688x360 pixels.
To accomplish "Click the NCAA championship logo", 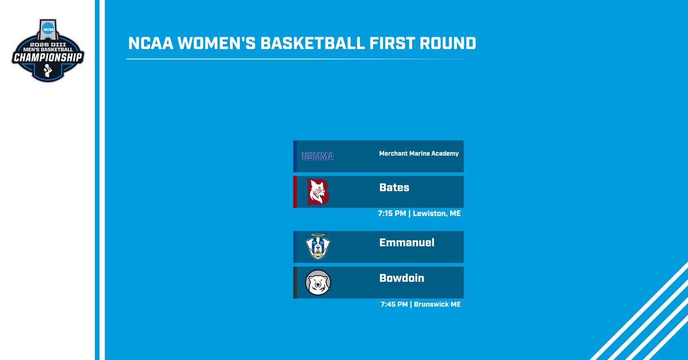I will coord(49,49).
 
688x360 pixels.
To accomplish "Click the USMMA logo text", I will coord(318,156).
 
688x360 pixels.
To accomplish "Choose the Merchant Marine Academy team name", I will coord(419,154).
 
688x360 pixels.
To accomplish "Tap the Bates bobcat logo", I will coord(318,191).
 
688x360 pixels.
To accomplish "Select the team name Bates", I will coord(394,187).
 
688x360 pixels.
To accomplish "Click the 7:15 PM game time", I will coord(392,214).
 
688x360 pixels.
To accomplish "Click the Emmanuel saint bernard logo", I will coord(318,247).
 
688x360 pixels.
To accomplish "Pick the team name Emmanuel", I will coord(406,242).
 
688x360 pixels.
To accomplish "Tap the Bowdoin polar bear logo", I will coord(318,283).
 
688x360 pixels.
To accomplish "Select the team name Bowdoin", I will coord(401,278).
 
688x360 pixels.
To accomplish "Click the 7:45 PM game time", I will coord(393,304).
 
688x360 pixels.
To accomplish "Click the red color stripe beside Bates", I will coord(295,191).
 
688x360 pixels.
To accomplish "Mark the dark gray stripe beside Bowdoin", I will coord(295,282).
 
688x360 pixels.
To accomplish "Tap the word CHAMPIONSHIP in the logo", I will coord(49,58).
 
